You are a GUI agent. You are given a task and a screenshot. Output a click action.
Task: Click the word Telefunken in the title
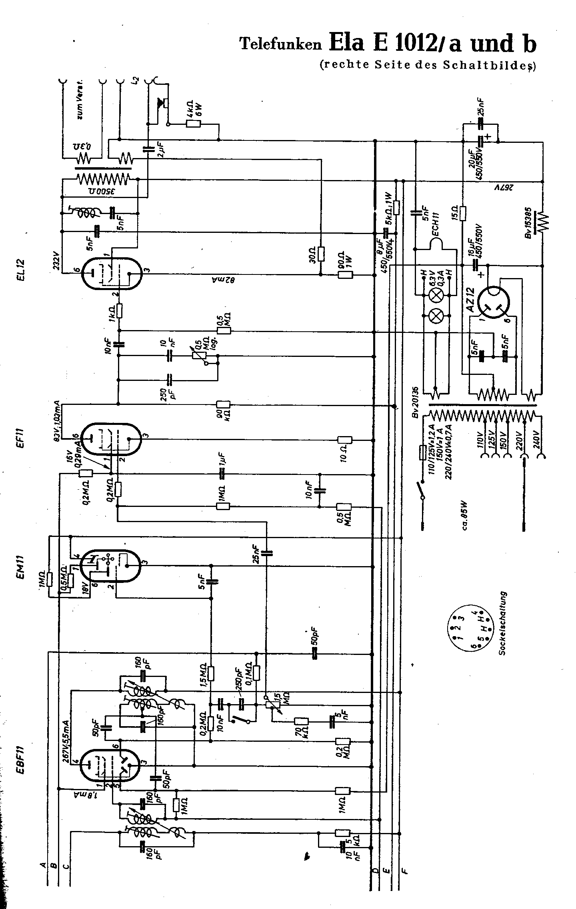pos(280,44)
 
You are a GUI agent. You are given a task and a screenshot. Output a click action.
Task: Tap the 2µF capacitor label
pos(160,150)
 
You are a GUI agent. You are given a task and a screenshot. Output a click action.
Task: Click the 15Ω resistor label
pos(455,211)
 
